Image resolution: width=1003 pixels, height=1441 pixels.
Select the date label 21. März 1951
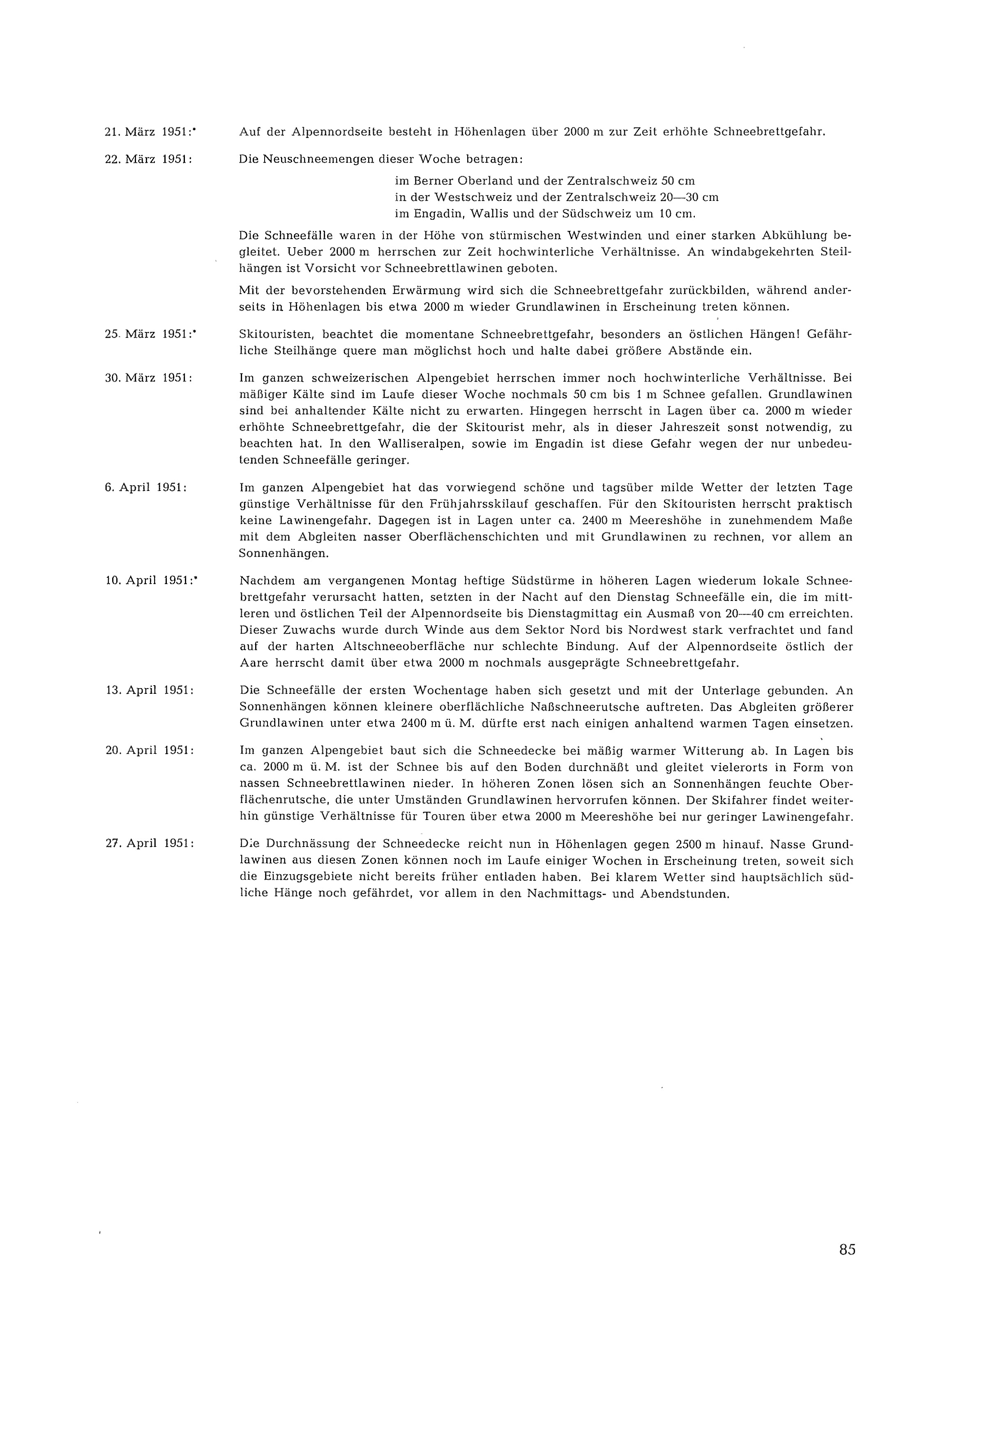(148, 132)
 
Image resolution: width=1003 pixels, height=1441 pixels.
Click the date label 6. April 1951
(145, 488)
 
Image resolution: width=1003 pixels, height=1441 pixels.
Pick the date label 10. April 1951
(148, 580)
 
